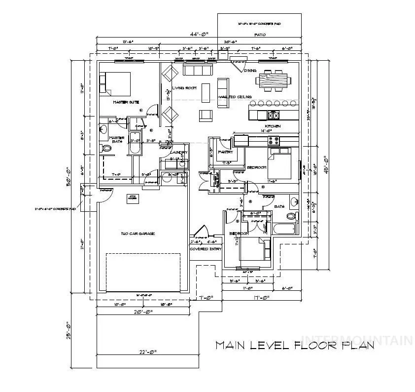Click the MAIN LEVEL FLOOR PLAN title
pyautogui.click(x=294, y=345)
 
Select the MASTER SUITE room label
pyautogui.click(x=126, y=102)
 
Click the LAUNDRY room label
pyautogui.click(x=177, y=152)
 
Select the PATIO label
pyautogui.click(x=260, y=35)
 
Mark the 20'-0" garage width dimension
pyautogui.click(x=143, y=312)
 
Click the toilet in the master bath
pyautogui.click(x=106, y=148)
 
